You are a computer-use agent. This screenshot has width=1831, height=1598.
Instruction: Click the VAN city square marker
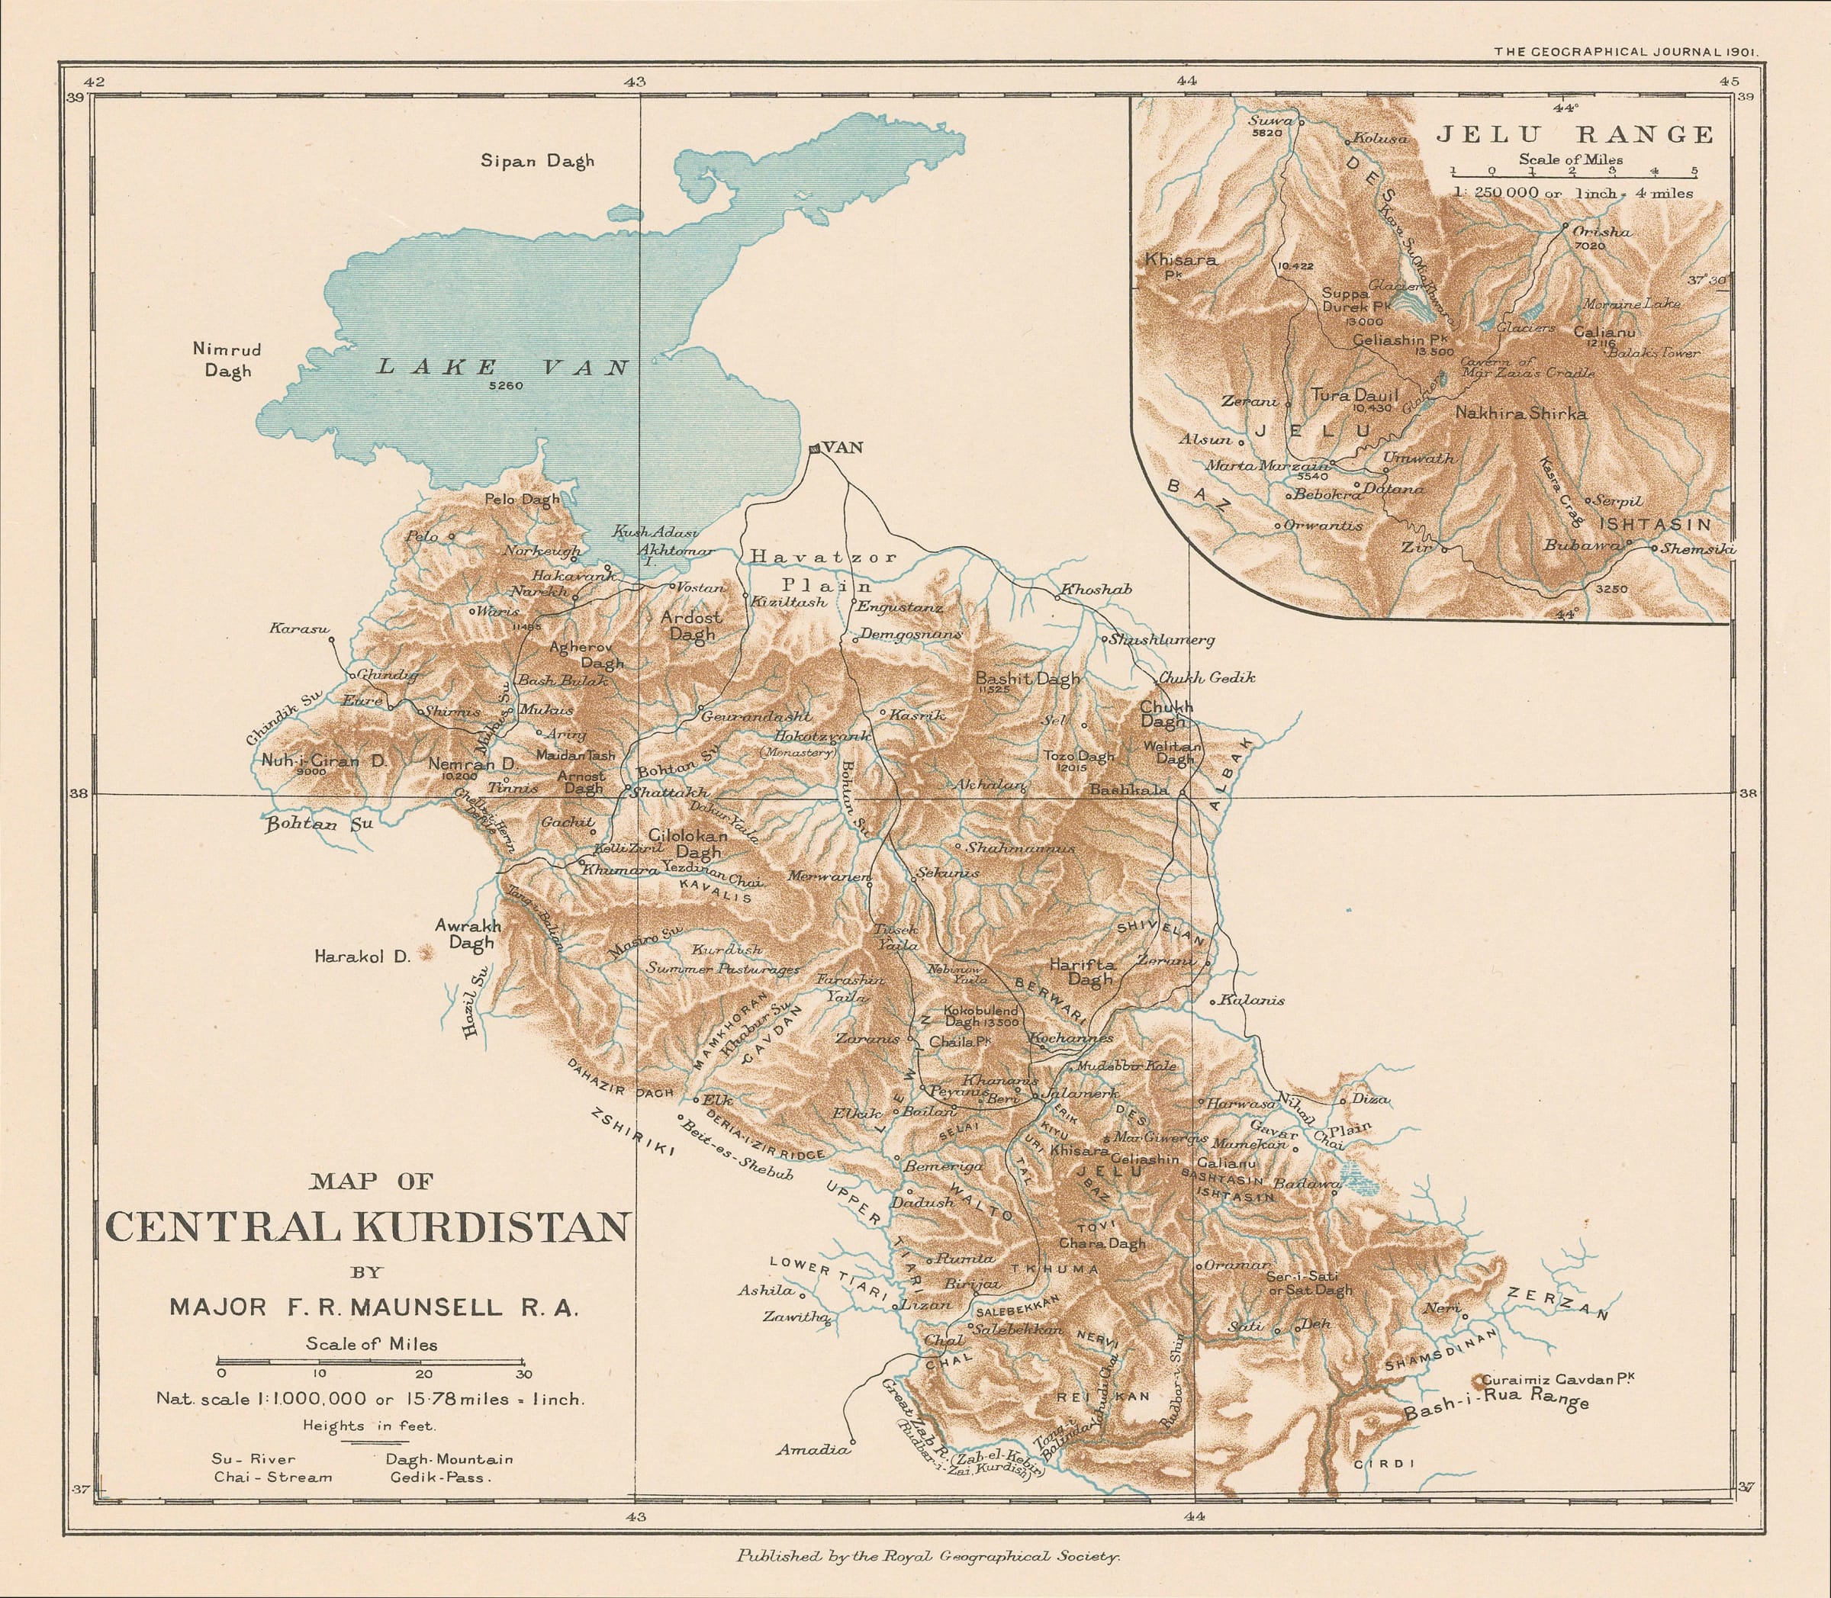point(813,449)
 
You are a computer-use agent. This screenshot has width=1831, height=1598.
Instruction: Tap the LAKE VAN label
point(502,366)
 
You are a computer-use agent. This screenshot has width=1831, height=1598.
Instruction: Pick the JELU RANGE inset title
point(1574,135)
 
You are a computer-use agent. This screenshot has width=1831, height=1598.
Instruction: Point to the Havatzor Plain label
point(825,571)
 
